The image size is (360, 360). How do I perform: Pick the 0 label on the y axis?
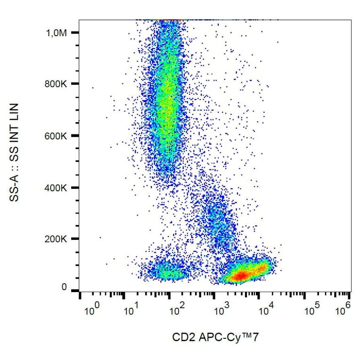[x=64, y=287]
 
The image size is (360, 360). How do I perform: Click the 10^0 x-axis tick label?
[x=91, y=311]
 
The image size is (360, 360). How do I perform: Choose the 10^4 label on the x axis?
[x=267, y=311]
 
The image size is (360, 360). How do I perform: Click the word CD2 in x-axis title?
[x=182, y=337]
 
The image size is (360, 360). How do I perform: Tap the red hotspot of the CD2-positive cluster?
[x=239, y=276]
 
